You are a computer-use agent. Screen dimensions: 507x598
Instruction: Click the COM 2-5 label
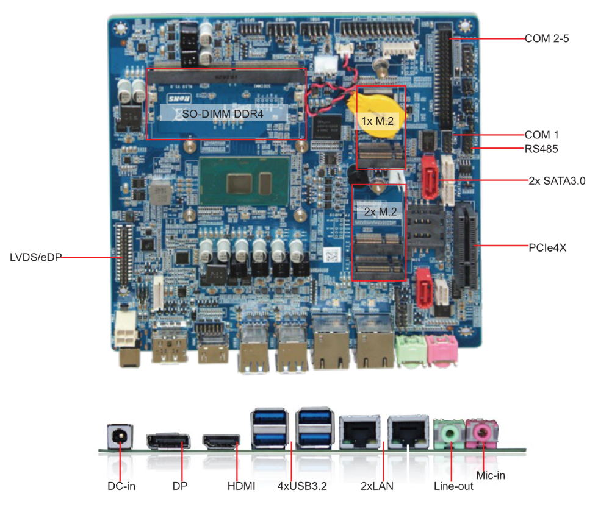(547, 38)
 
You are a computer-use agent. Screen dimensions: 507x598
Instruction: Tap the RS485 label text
(541, 148)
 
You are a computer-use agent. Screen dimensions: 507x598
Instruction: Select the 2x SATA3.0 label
(557, 180)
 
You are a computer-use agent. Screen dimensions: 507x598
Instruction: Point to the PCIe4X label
(548, 247)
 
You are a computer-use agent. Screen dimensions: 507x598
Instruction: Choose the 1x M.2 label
(379, 121)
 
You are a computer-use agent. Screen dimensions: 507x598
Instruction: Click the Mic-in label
(491, 475)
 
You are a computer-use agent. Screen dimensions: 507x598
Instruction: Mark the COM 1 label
(542, 134)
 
